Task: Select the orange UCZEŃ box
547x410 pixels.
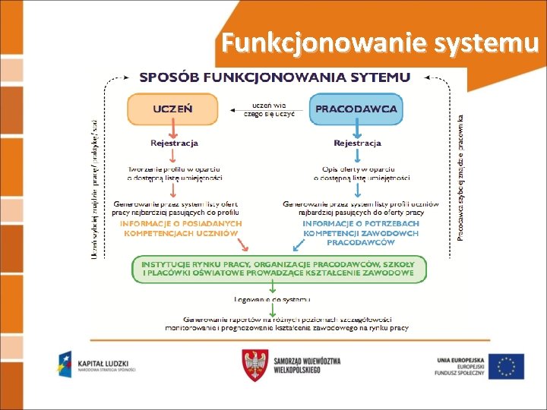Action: [172, 109]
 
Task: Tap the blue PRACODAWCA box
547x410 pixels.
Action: [356, 109]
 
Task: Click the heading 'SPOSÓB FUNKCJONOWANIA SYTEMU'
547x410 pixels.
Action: [275, 77]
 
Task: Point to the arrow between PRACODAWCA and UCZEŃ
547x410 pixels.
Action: [263, 109]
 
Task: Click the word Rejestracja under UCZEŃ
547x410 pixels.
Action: [174, 143]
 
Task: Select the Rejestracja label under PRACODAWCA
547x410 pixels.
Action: [356, 143]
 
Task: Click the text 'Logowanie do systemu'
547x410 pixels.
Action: [278, 299]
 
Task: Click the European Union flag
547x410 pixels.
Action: [505, 366]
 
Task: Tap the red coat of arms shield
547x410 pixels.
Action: [255, 365]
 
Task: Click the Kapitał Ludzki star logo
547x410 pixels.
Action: [65, 365]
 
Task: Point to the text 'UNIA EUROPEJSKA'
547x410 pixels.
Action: [460, 358]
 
